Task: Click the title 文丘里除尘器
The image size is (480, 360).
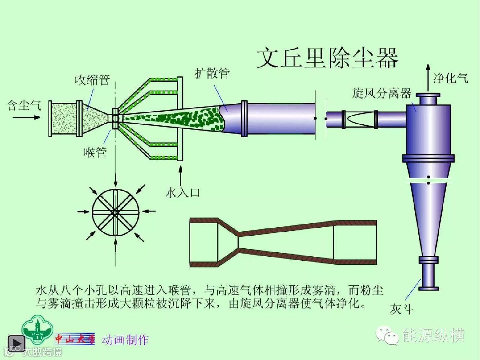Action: click(327, 58)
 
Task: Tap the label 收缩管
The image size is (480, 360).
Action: click(92, 80)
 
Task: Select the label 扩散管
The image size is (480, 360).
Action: click(212, 73)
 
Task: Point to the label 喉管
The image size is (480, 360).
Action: click(95, 152)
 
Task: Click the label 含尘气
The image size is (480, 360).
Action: click(24, 105)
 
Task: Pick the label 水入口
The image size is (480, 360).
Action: click(183, 193)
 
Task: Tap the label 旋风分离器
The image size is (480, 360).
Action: click(381, 94)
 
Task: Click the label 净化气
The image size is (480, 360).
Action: click(451, 78)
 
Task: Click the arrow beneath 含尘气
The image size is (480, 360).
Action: click(32, 117)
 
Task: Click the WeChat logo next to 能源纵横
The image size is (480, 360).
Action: click(387, 336)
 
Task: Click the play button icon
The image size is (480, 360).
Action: click(16, 343)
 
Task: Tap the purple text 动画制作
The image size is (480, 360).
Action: click(125, 340)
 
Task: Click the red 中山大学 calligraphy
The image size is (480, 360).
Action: click(75, 339)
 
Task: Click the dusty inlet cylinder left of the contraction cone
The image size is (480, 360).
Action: click(64, 118)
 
